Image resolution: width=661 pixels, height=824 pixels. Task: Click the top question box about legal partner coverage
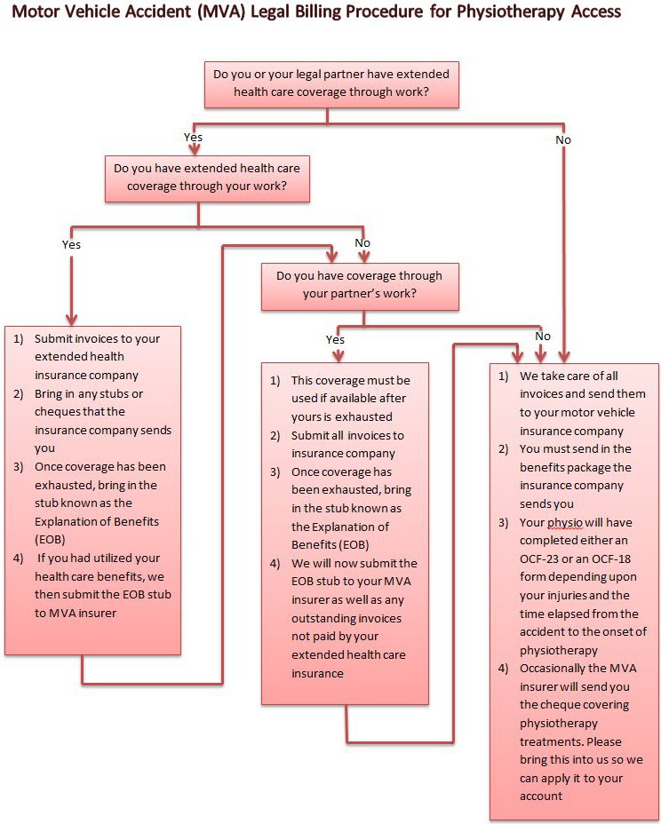tap(331, 83)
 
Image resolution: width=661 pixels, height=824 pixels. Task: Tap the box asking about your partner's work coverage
tap(359, 285)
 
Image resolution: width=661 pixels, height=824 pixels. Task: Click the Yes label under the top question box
tap(193, 138)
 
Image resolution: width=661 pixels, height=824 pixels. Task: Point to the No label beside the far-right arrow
tap(562, 139)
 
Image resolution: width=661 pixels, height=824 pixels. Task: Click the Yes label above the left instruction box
tap(71, 243)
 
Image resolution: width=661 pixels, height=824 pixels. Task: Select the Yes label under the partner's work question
tap(335, 339)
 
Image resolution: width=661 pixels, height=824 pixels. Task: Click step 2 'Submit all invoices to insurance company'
tap(347, 445)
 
